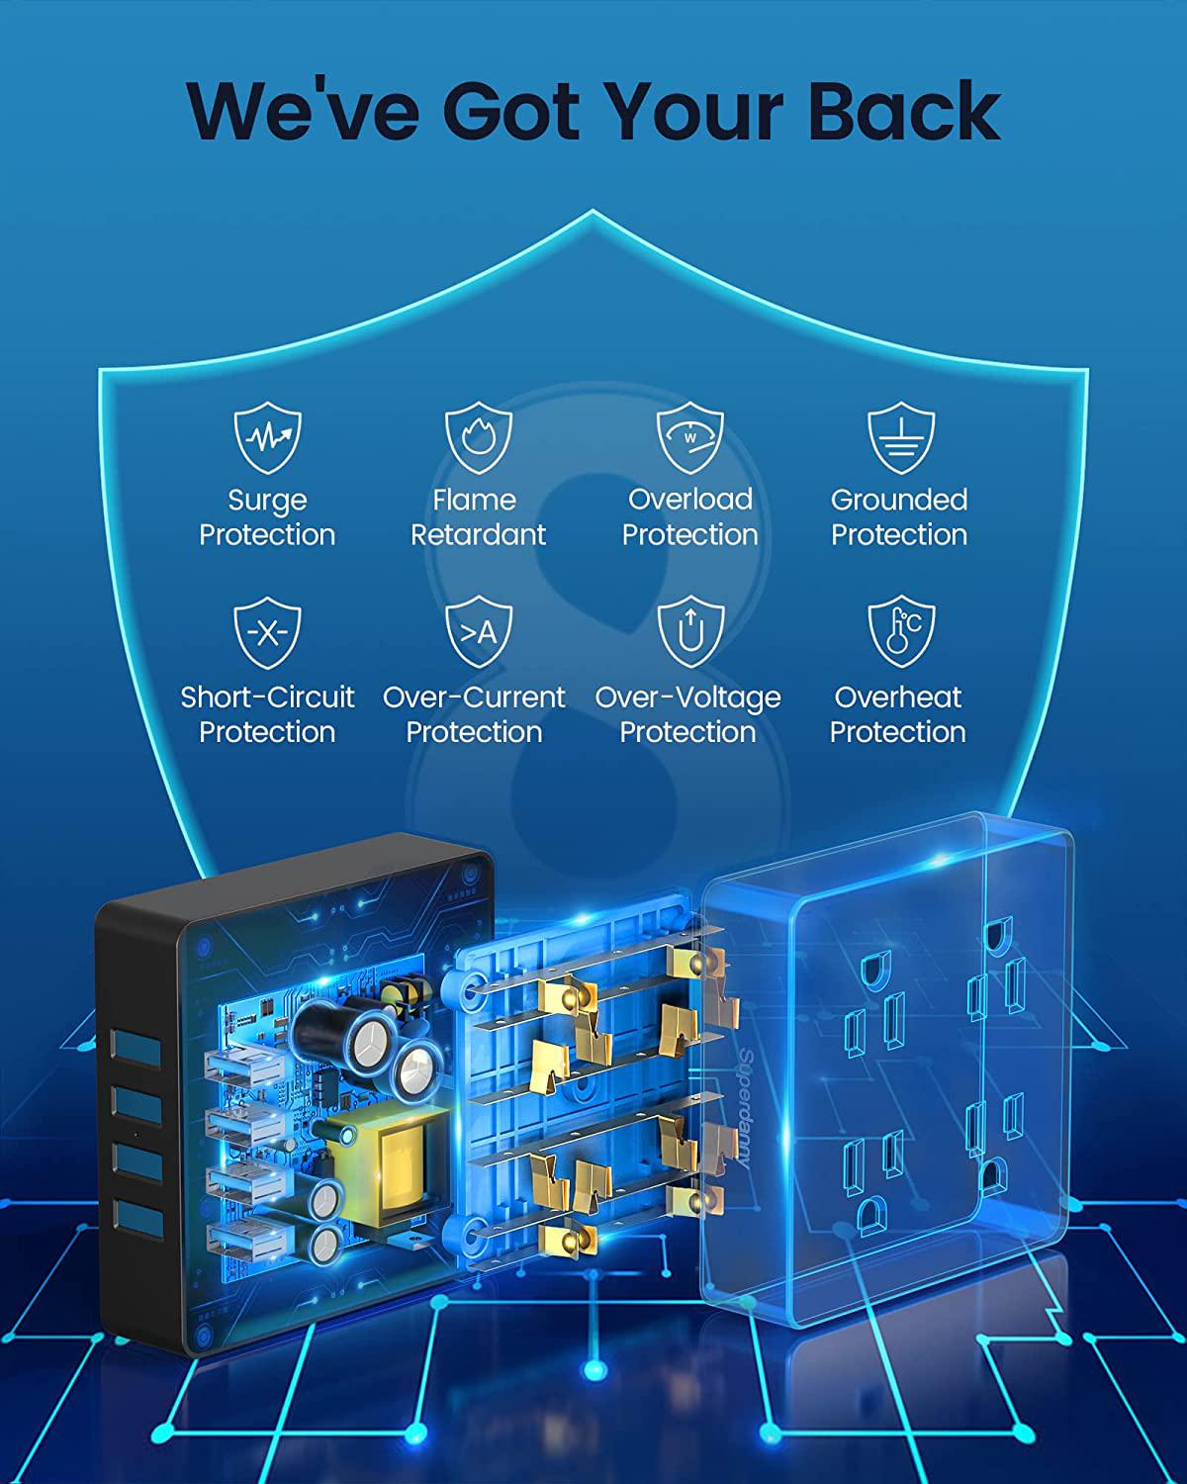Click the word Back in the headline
click(904, 111)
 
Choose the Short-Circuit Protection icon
click(267, 632)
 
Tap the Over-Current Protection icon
click(478, 632)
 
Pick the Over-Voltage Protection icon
click(689, 632)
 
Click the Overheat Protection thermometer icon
click(900, 632)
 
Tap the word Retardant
click(478, 535)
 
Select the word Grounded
click(899, 500)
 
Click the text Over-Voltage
click(688, 697)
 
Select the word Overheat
click(898, 697)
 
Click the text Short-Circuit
click(267, 697)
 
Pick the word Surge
click(267, 501)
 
